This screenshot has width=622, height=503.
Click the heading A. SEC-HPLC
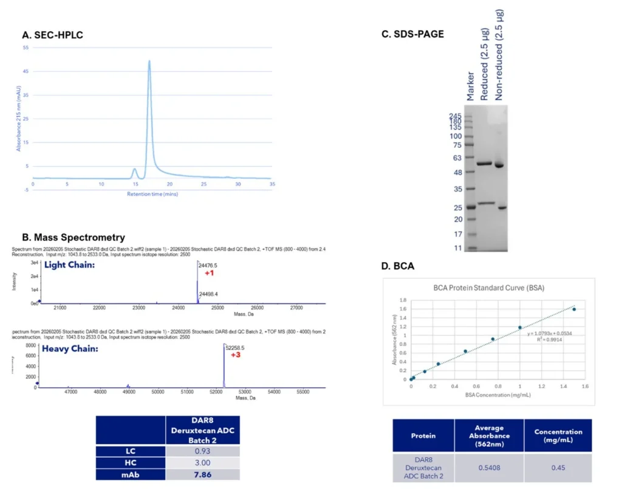tap(52, 35)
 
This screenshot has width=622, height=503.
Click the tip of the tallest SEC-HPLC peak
tap(149, 61)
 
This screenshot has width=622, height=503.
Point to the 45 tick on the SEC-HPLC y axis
tap(26, 71)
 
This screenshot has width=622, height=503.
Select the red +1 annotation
tap(208, 274)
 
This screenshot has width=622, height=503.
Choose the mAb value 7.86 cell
tap(203, 474)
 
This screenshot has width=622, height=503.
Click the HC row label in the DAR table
tap(131, 462)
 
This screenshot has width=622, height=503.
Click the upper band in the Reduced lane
tap(484, 164)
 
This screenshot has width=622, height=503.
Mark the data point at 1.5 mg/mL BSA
tap(574, 310)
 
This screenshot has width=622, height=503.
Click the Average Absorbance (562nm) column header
tap(488, 435)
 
